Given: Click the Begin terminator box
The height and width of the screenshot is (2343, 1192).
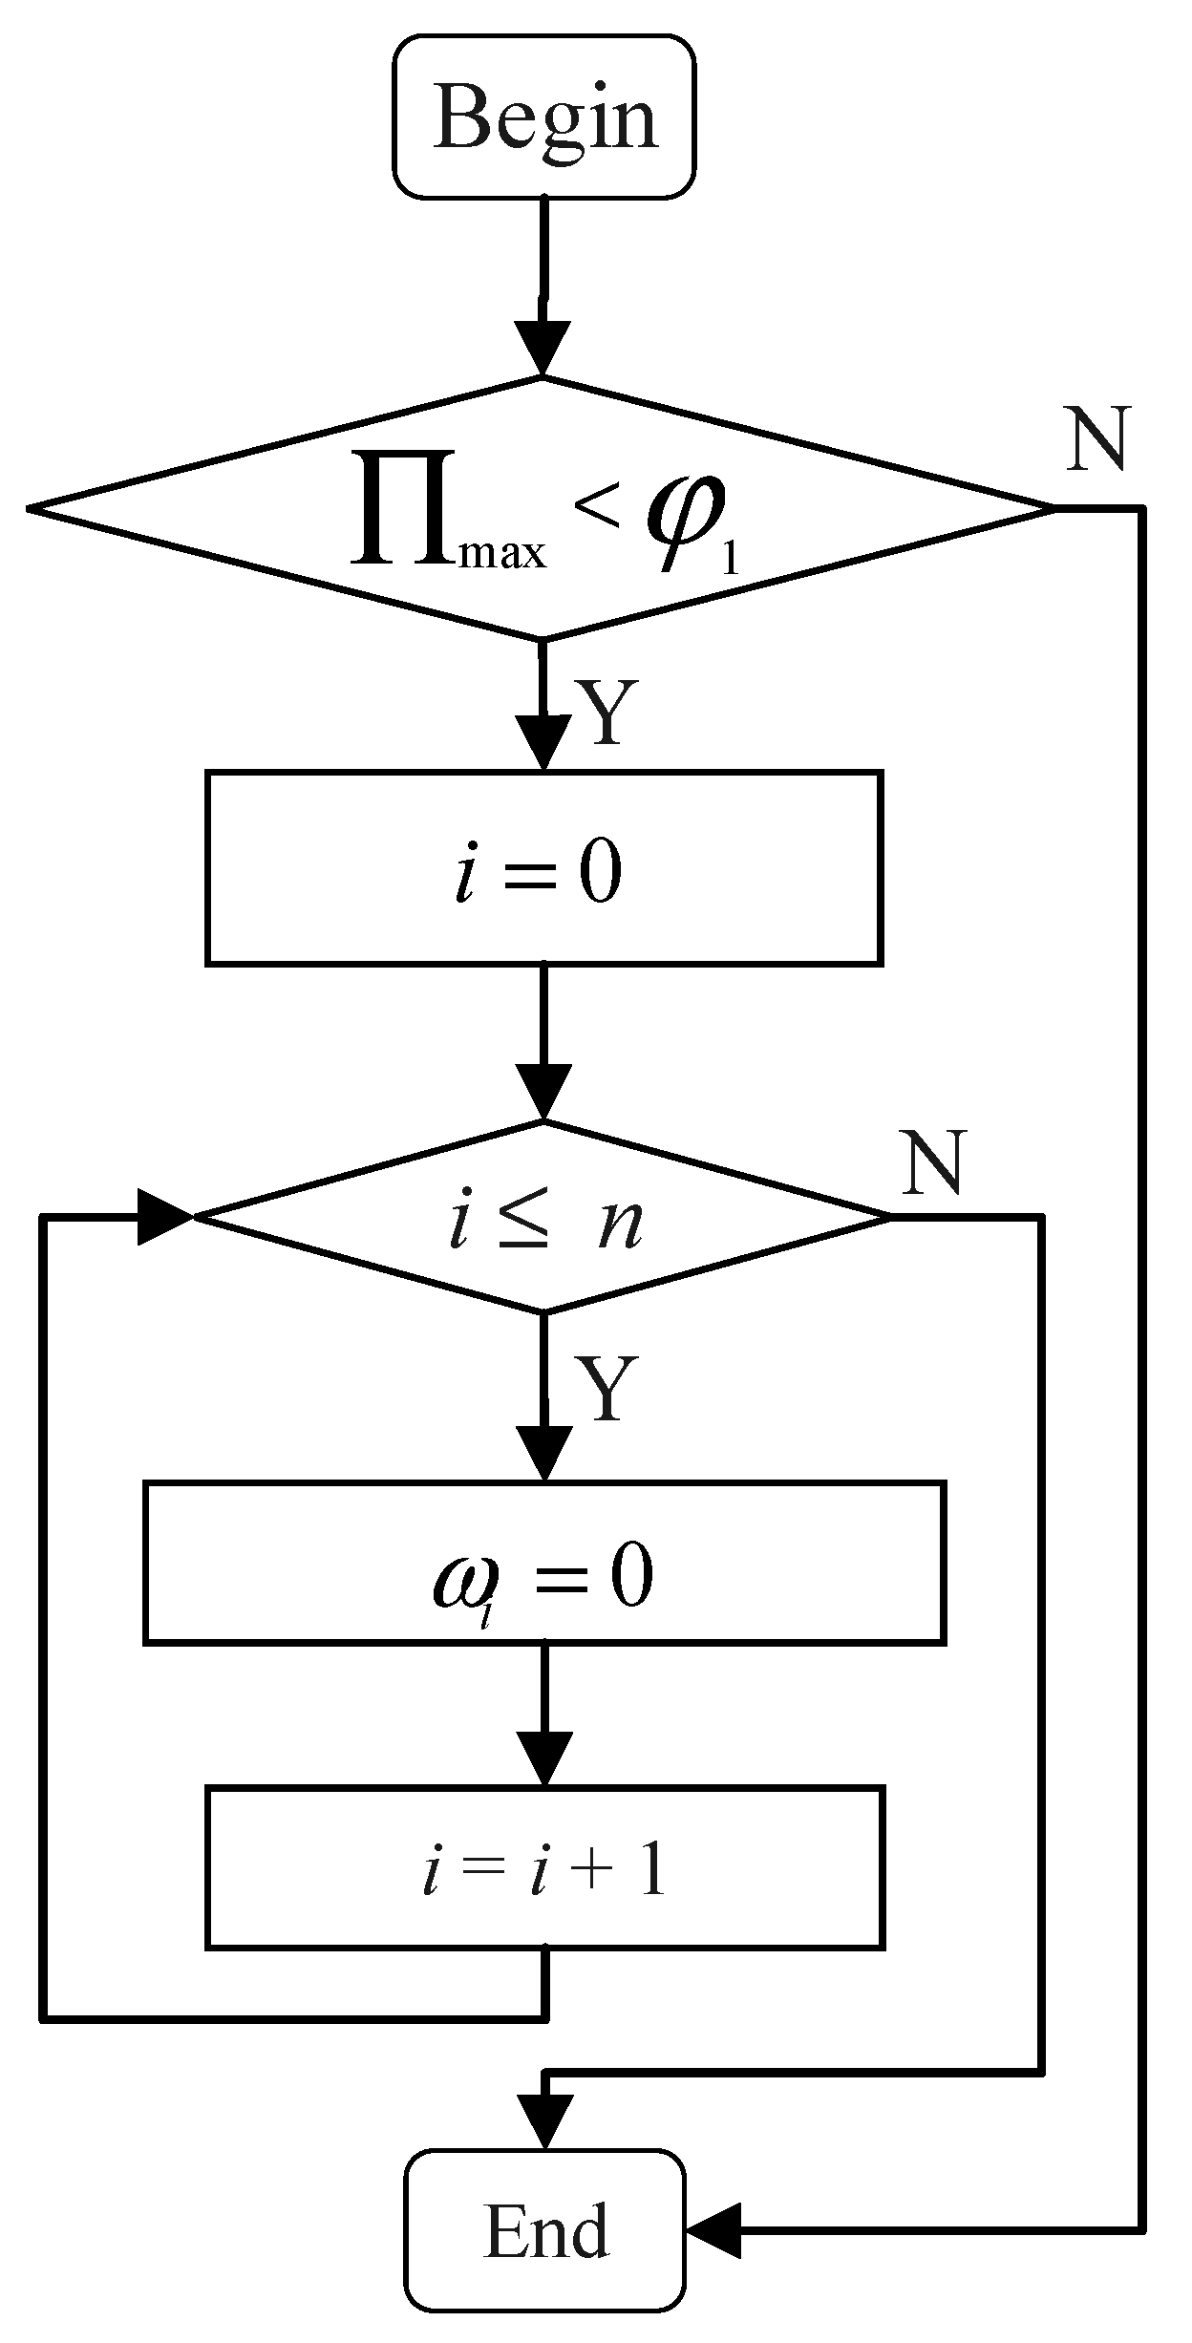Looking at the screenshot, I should (x=543, y=117).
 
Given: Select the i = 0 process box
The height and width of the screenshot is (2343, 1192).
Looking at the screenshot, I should (x=543, y=866).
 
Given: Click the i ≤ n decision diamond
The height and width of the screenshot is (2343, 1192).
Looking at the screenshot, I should (x=543, y=1217).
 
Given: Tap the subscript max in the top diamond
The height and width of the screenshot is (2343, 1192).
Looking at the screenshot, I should (x=502, y=555).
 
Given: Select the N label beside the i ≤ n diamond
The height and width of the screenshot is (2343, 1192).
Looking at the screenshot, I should (x=934, y=1163).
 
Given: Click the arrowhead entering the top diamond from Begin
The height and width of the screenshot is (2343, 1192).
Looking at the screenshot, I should (x=543, y=349).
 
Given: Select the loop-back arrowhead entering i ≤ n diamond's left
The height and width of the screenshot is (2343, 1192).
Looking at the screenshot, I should (x=164, y=1217).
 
